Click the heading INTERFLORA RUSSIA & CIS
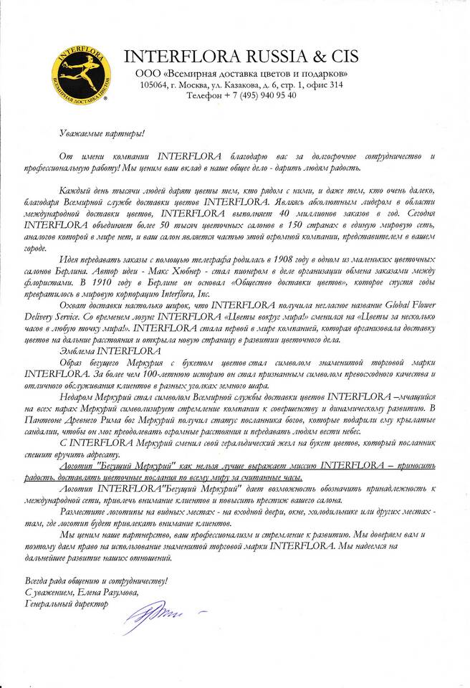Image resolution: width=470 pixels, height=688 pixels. [241, 57]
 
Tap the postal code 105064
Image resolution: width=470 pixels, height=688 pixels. [157, 85]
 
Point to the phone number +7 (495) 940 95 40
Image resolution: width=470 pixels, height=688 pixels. [259, 95]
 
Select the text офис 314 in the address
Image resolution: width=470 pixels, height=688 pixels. [325, 85]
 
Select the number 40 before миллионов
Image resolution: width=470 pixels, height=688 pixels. [287, 213]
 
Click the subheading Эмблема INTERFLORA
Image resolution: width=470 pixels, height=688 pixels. [96, 350]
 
